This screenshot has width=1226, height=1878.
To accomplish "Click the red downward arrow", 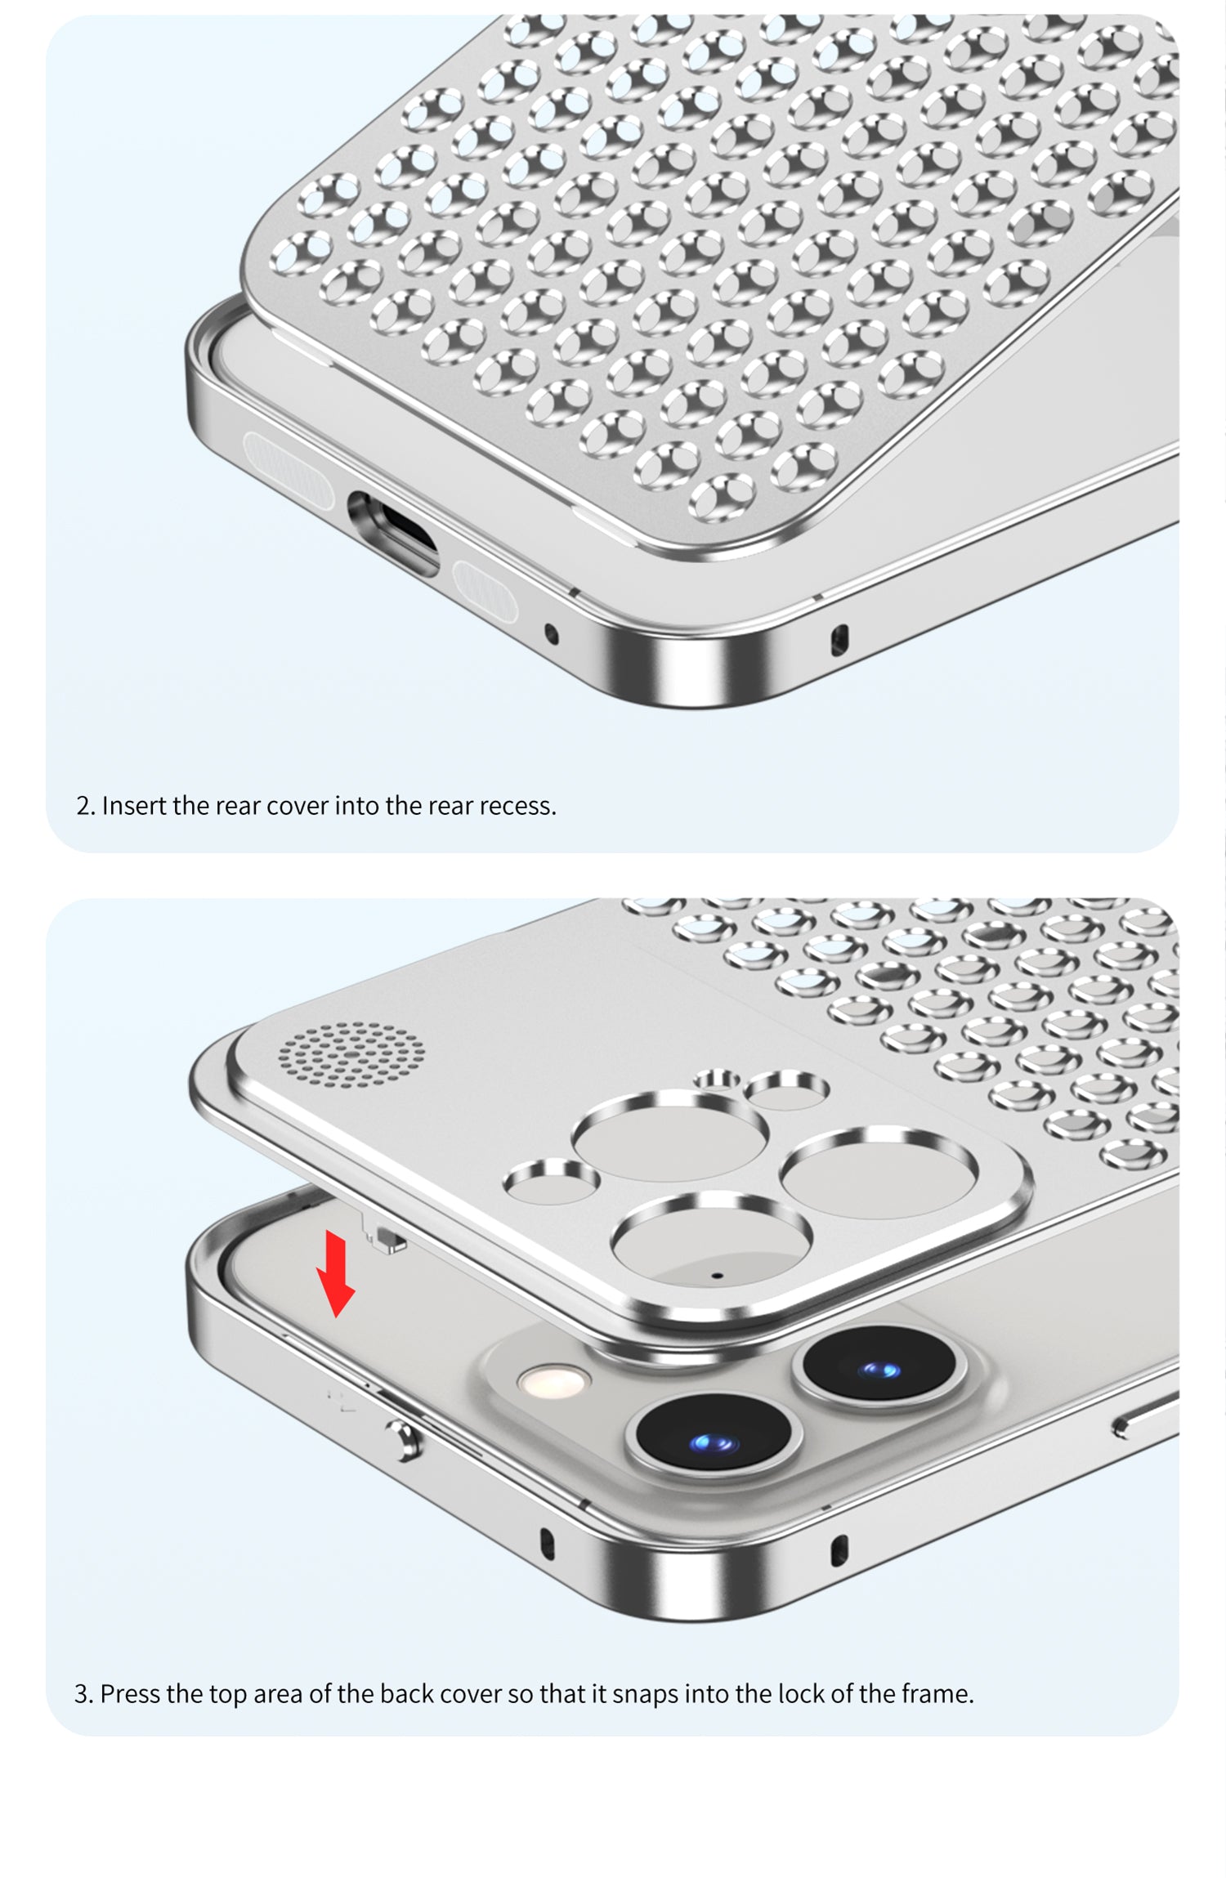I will pos(336,1272).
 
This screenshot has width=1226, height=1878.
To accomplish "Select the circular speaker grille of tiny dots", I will pos(351,1054).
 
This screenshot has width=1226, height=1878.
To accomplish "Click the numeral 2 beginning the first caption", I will pos(82,806).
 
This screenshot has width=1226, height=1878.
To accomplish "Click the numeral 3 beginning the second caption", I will pos(80,1694).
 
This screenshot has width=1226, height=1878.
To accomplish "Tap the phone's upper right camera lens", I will pos(879,1370).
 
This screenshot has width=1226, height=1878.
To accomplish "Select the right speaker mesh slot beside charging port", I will pos(485,590).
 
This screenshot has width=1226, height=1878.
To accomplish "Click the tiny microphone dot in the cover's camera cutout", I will pos(717,1275).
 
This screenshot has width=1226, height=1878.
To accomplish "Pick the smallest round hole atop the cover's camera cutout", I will pos(717,1080).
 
